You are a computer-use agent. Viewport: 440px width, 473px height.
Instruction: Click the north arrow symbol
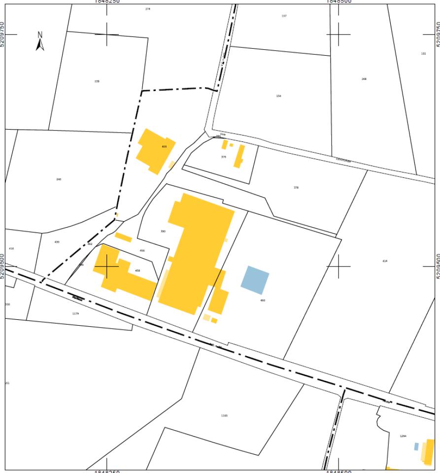pyautogui.click(x=40, y=41)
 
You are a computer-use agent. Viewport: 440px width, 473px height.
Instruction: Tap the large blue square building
pyautogui.click(x=255, y=280)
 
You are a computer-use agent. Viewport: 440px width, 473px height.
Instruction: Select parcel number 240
pyautogui.click(x=59, y=179)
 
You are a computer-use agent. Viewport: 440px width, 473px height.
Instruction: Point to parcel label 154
pyautogui.click(x=279, y=96)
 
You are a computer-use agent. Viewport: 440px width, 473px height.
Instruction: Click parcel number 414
pyautogui.click(x=385, y=261)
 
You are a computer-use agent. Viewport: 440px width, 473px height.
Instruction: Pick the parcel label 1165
pyautogui.click(x=225, y=415)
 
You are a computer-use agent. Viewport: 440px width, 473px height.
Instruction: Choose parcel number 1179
pyautogui.click(x=75, y=313)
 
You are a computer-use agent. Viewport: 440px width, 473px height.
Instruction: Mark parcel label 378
pyautogui.click(x=296, y=188)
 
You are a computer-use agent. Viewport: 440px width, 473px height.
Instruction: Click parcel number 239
pyautogui.click(x=97, y=81)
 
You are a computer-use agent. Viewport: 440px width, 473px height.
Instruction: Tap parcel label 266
pyautogui.click(x=364, y=79)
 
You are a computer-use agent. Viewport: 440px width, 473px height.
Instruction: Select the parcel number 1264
pyautogui.click(x=403, y=436)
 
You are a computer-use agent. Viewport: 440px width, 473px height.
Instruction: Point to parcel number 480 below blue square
pyautogui.click(x=263, y=300)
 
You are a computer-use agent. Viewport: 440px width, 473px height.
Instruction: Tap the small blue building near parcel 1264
pyautogui.click(x=416, y=446)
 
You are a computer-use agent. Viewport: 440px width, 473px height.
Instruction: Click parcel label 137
pyautogui.click(x=284, y=16)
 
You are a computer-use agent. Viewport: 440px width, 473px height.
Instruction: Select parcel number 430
pyautogui.click(x=57, y=242)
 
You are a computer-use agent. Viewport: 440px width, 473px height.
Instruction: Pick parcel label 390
pyautogui.click(x=163, y=231)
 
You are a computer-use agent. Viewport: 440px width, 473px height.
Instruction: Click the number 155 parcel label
pyautogui.click(x=423, y=53)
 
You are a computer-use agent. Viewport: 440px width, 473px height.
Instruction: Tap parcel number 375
pyautogui.click(x=224, y=157)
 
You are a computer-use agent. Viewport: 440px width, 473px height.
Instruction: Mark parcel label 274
pyautogui.click(x=147, y=9)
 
